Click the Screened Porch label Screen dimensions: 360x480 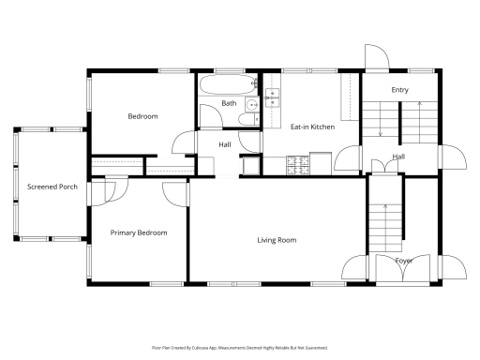52,187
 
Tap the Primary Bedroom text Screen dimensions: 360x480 139,232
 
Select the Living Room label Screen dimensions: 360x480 277,240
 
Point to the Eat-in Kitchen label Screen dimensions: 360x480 312,127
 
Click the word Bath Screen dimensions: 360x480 229,103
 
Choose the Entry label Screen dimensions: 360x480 399,90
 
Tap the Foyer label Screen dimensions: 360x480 403,261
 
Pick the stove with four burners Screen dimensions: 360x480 298,165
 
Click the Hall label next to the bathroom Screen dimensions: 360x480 225,144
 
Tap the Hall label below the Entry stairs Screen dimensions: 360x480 398,157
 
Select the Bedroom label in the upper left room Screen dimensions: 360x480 142,116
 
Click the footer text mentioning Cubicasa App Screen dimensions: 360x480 240,347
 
